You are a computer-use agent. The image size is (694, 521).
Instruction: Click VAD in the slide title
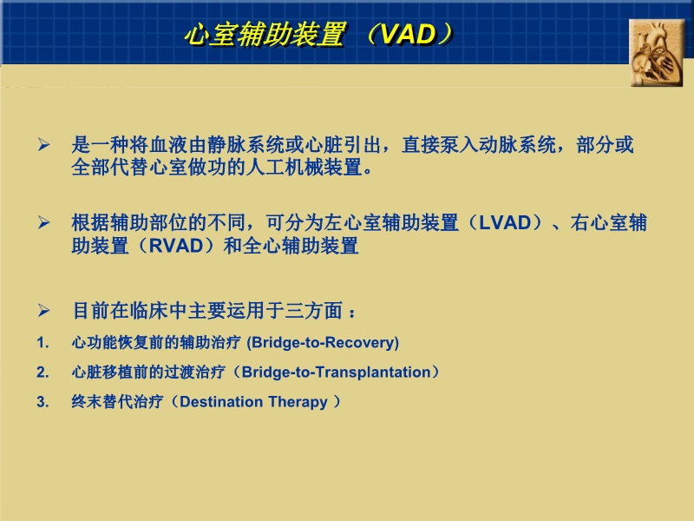(407, 35)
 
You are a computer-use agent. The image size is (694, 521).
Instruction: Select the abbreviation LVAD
(504, 223)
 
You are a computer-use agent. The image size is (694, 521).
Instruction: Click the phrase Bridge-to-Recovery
(324, 342)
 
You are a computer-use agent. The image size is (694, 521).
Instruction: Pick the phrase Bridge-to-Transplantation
(336, 373)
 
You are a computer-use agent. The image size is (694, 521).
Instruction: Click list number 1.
(43, 342)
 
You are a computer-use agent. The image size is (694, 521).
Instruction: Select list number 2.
(43, 373)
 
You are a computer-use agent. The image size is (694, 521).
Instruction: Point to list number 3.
(43, 402)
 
